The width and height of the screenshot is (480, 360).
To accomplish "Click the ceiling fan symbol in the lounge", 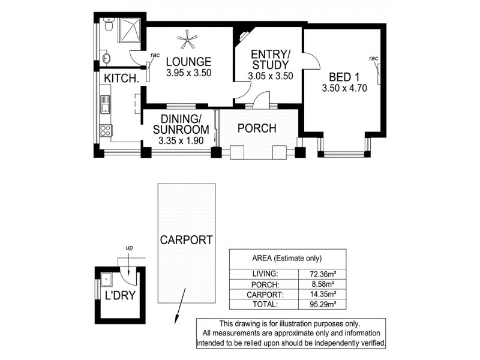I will pyautogui.click(x=187, y=40).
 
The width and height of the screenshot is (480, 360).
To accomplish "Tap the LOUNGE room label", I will pyautogui.click(x=188, y=61).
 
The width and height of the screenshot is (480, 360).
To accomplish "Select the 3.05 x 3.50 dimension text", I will pyautogui.click(x=270, y=76).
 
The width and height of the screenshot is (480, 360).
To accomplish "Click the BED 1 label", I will pyautogui.click(x=341, y=77).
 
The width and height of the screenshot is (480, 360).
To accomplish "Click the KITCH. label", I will pyautogui.click(x=122, y=79).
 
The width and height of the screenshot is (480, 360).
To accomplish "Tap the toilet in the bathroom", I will pyautogui.click(x=107, y=26).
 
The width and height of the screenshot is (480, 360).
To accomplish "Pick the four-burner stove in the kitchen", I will pyautogui.click(x=106, y=131).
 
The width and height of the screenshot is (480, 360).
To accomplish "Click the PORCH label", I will pyautogui.click(x=257, y=128).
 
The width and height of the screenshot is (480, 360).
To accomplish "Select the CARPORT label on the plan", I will pyautogui.click(x=186, y=240).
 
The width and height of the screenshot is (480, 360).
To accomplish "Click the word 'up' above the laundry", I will pyautogui.click(x=129, y=247).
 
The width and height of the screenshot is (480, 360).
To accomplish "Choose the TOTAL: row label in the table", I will pyautogui.click(x=265, y=304).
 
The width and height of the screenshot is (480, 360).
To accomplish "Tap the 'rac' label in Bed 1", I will pyautogui.click(x=374, y=58).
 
